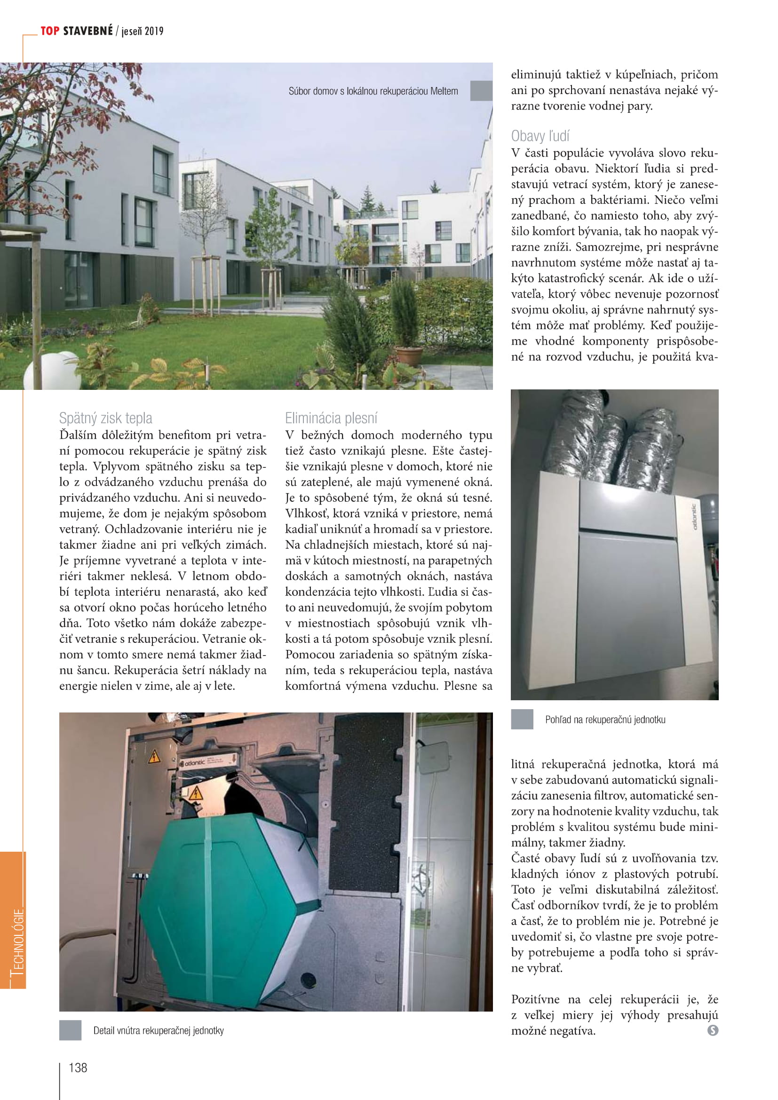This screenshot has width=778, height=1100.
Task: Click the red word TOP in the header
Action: tap(50, 31)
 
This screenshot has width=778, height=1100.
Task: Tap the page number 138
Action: tap(78, 1068)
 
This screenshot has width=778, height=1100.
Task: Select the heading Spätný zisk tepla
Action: tap(105, 418)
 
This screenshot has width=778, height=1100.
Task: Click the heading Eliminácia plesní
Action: tap(331, 418)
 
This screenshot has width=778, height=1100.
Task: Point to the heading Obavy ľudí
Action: tap(540, 136)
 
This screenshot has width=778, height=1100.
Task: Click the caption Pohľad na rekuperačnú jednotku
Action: tap(604, 719)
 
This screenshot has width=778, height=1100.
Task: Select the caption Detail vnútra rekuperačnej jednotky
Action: tap(159, 1030)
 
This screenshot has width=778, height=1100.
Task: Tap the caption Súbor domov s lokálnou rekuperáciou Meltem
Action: tap(373, 91)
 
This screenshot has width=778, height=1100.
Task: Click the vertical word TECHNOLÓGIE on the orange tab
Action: tap(17, 941)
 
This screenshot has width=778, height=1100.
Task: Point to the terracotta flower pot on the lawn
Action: tap(409, 356)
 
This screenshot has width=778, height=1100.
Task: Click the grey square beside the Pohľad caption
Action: tap(522, 719)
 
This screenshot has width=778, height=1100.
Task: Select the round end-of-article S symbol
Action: tap(712, 1030)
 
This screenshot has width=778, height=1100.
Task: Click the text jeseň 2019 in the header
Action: tap(142, 32)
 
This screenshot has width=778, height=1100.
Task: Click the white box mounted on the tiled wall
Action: tap(434, 757)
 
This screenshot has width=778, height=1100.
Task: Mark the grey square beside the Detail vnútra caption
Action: tap(70, 1030)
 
